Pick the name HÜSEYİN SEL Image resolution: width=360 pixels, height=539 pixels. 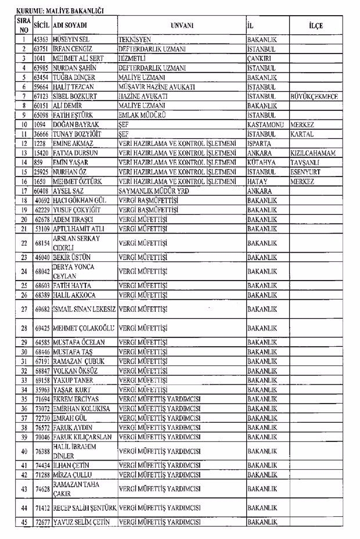pyautogui.click(x=69, y=40)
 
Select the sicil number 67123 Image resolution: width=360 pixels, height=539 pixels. pyautogui.click(x=41, y=96)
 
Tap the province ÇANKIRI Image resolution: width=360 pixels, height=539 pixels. pyautogui.click(x=260, y=59)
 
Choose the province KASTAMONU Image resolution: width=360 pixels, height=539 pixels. pyautogui.click(x=267, y=124)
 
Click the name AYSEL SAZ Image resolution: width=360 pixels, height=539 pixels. pyautogui.click(x=69, y=189)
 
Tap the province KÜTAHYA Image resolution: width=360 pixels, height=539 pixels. pyautogui.click(x=262, y=161)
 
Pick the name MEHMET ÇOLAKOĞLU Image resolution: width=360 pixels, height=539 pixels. pyautogui.click(x=84, y=328)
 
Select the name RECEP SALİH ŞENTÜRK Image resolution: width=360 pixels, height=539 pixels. pyautogui.click(x=85, y=508)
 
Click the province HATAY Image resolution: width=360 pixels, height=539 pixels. pyautogui.click(x=257, y=180)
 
